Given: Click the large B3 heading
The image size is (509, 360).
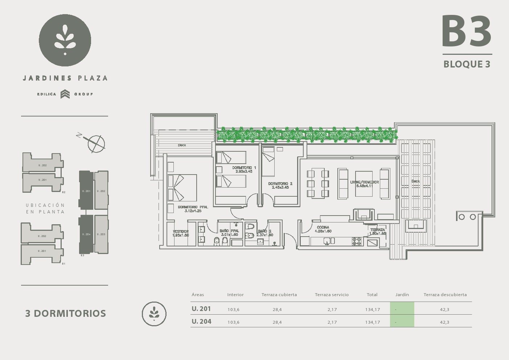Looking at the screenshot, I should [x=467, y=32].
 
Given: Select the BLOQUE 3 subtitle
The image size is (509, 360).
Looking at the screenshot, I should [x=467, y=64].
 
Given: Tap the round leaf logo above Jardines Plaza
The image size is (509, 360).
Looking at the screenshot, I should [x=65, y=40].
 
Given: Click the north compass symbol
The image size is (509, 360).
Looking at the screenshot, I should [x=96, y=143].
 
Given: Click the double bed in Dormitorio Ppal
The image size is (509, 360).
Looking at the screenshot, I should [x=182, y=188].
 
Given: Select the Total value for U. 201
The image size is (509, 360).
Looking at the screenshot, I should [x=373, y=310].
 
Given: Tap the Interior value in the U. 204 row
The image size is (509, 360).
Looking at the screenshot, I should [x=233, y=322].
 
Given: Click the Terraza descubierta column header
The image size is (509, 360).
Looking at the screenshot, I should [x=445, y=295].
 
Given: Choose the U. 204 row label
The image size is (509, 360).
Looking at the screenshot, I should [x=201, y=322].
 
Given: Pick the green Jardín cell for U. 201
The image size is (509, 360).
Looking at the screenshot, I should [x=402, y=309].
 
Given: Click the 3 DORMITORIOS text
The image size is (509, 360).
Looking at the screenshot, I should [x=65, y=314].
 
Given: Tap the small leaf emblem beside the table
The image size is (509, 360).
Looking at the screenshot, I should [x=154, y=314].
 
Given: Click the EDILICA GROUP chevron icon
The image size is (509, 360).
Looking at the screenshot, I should [x=65, y=94].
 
